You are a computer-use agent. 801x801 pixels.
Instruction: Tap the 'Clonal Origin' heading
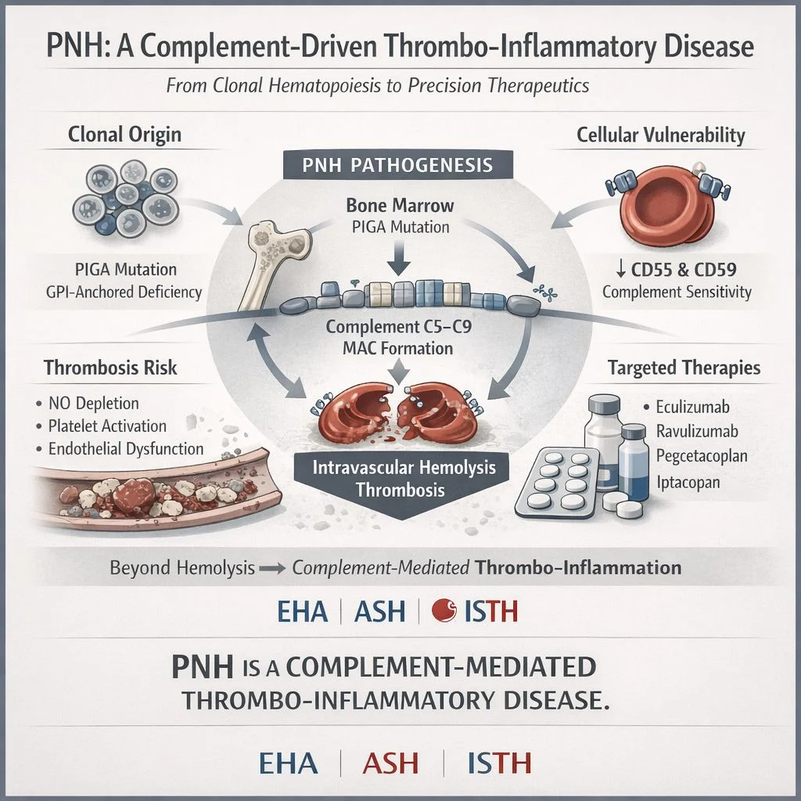[124, 134]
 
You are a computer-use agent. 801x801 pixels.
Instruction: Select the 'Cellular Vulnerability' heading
[660, 135]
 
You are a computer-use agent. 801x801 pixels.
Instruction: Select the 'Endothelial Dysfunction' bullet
[125, 449]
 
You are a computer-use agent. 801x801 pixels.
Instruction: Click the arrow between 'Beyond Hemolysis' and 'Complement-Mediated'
[273, 568]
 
